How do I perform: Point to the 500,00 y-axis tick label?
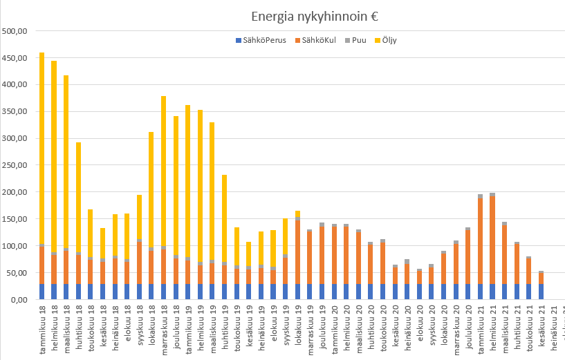pyautogui.click(x=15, y=31)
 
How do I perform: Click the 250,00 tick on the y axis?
pyautogui.click(x=15, y=165)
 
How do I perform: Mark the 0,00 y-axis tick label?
pyautogui.click(x=19, y=300)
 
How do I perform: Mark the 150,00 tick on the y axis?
pyautogui.click(x=15, y=219)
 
